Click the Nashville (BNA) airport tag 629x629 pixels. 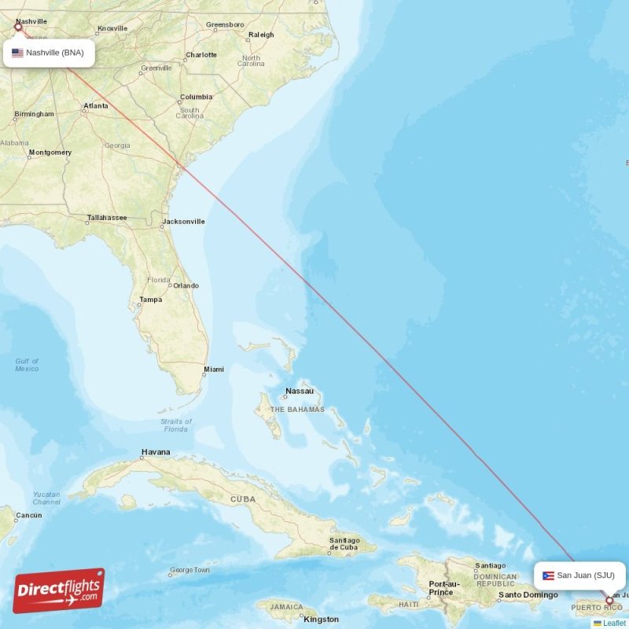click(48, 53)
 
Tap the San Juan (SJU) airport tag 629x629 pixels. click(579, 575)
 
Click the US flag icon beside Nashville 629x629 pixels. click(17, 53)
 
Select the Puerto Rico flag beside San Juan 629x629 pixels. click(548, 576)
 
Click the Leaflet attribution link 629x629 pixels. click(614, 623)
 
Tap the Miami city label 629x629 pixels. click(213, 369)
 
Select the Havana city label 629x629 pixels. click(155, 452)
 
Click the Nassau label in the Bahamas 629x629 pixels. click(300, 391)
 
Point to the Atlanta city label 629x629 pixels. click(96, 105)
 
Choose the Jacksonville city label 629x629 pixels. click(183, 222)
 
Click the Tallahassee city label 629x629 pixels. click(107, 217)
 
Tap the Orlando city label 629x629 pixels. click(186, 285)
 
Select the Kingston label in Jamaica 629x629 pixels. click(322, 619)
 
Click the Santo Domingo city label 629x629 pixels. click(528, 595)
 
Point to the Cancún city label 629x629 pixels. click(28, 515)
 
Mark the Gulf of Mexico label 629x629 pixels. click(27, 365)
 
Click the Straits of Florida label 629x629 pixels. click(175, 425)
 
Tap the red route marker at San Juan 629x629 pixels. click(609, 601)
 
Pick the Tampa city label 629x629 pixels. click(150, 300)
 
